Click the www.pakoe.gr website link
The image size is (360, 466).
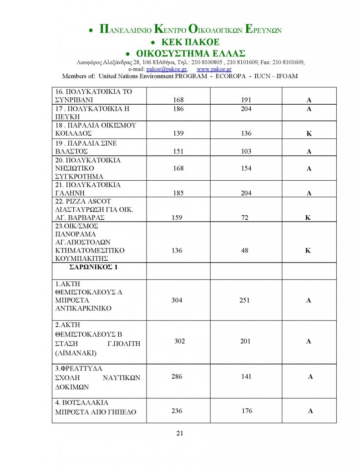coord(214,69)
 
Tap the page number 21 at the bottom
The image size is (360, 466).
coord(179,433)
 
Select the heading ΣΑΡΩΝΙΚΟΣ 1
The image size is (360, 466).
coord(93,267)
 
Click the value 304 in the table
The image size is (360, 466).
coord(177,300)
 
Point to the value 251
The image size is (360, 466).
coord(245,300)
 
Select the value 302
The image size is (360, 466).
coord(179,341)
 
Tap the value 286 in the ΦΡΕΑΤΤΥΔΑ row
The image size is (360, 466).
coord(177,377)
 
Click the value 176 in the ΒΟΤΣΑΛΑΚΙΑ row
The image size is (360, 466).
coord(247,411)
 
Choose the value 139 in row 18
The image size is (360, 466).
coord(178,133)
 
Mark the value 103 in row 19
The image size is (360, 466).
coord(246,151)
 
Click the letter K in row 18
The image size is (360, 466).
coord(309,134)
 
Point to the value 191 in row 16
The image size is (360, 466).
coord(246,100)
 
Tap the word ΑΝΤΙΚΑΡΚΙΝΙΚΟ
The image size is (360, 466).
coord(83,309)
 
